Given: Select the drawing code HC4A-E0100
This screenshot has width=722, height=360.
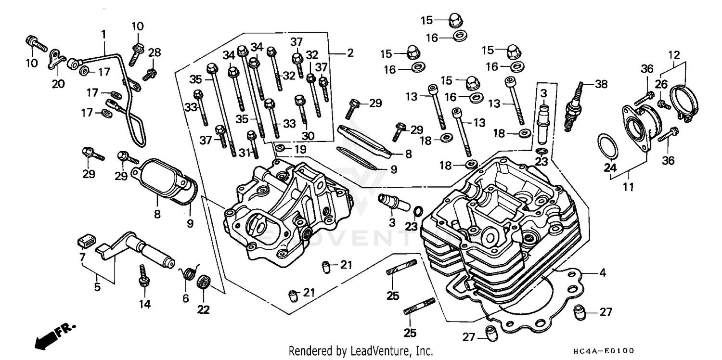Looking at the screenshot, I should (602, 351).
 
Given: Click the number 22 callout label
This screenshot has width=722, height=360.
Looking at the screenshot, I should (204, 310).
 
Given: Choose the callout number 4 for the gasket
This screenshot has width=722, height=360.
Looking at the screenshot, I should (602, 273).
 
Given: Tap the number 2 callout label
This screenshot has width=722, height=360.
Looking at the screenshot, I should (349, 53).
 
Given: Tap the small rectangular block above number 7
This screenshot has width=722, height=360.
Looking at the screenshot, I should (86, 238).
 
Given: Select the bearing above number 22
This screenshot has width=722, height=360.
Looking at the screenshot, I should (204, 282).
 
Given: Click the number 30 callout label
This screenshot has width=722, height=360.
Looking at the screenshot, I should (308, 136).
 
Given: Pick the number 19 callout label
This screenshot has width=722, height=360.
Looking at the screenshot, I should (299, 150).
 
